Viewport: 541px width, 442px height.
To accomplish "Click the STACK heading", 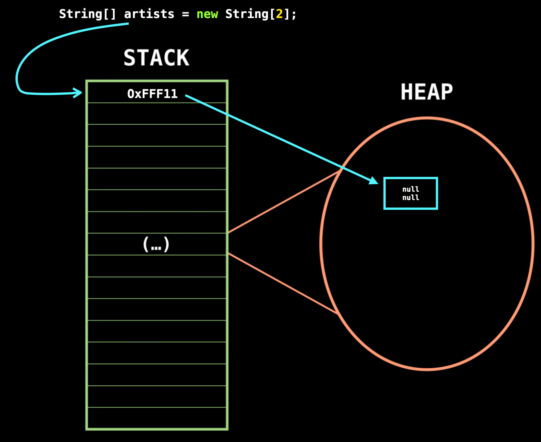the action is [x=156, y=58].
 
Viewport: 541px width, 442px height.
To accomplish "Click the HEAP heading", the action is [x=427, y=92].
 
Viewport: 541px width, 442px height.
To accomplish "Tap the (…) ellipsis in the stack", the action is [x=156, y=244].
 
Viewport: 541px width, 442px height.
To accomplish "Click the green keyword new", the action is [x=207, y=14].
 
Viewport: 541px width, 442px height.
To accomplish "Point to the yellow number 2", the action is [x=279, y=14].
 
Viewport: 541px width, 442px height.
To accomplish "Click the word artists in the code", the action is [x=149, y=14].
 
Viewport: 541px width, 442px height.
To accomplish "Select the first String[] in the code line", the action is [x=87, y=14].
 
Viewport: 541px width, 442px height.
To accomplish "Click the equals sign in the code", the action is [x=186, y=14].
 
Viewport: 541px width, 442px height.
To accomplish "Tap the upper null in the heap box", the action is [x=411, y=189].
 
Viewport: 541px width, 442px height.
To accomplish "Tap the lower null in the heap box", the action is [x=411, y=198].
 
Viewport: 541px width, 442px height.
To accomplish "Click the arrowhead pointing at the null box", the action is [x=374, y=181].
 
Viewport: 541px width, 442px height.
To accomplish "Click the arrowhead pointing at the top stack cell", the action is [x=78, y=93].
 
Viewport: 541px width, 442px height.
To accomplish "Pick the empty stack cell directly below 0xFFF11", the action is [x=157, y=114].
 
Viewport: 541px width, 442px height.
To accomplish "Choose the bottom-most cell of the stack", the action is [x=157, y=418].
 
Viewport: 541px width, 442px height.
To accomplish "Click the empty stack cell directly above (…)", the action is [x=157, y=222].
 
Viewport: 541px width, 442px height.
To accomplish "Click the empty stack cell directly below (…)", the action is [x=157, y=266].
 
